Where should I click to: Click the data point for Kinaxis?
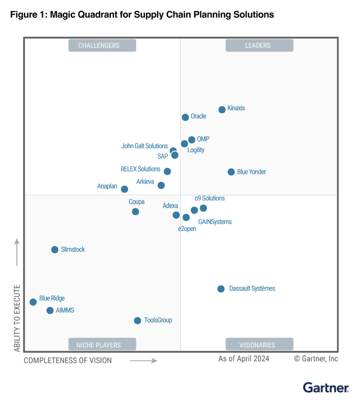222,110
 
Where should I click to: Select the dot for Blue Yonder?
231,172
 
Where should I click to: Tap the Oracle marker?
185,117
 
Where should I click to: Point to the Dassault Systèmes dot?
221,289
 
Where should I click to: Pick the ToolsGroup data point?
137,321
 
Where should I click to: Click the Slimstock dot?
55,250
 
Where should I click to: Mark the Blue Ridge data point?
33,302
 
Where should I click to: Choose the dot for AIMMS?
50,311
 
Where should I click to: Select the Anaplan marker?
124,190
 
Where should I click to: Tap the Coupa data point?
135,212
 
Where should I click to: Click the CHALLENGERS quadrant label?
102,46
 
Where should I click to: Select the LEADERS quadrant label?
259,46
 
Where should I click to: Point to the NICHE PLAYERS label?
102,345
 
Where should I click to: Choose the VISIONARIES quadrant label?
259,345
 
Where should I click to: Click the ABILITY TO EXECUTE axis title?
17,318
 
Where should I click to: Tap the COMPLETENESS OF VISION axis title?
67,360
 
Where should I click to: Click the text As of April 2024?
244,359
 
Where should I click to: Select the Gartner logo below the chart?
326,388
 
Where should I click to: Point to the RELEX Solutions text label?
140,169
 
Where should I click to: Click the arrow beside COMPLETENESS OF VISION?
143,361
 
